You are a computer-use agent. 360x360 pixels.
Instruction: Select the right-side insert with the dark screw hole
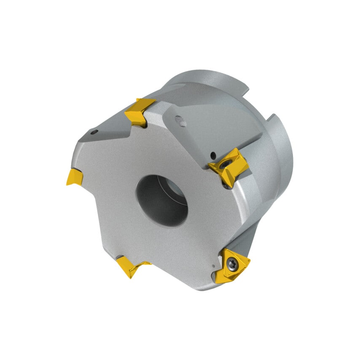point(229,167)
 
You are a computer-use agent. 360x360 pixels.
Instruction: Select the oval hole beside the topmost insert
point(182,122)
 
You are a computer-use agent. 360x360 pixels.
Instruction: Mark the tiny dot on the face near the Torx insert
point(215,266)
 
